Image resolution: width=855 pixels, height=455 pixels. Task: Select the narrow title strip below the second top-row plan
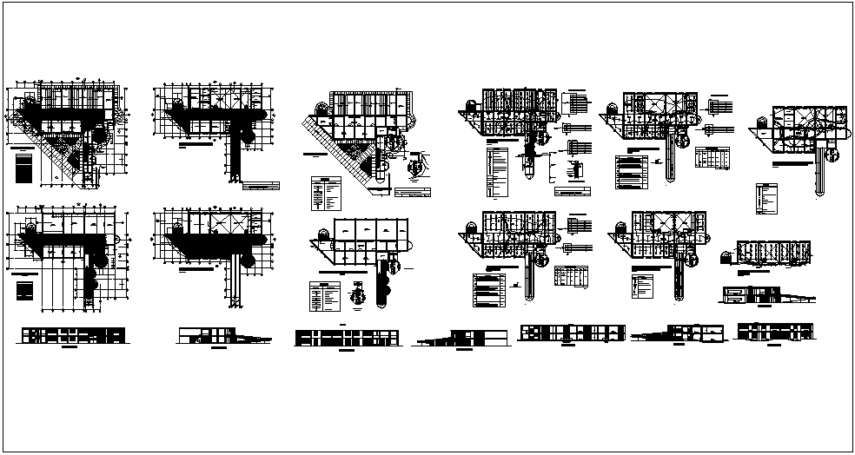pos(262,186)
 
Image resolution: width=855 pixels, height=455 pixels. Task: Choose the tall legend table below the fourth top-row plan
pos(497,172)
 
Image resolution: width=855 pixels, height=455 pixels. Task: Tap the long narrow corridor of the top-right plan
pos(819,178)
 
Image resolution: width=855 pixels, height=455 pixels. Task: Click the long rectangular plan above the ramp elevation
pos(773,252)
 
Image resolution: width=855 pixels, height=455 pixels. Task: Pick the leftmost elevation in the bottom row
pos(71,335)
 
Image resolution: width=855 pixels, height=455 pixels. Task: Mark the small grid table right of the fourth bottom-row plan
pos(571,275)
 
